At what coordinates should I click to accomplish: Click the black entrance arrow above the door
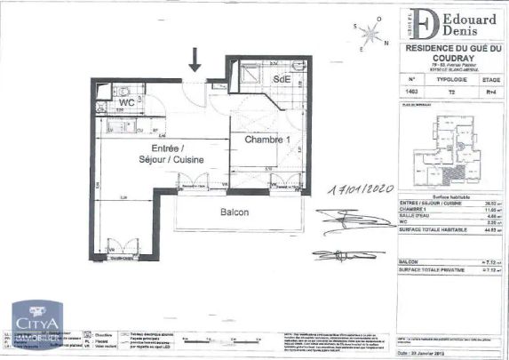click(x=195, y=61)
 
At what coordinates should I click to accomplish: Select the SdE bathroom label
click(x=282, y=79)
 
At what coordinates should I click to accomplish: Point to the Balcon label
click(x=235, y=212)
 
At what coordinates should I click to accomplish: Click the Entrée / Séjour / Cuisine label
click(x=177, y=153)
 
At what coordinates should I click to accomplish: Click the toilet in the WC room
click(x=124, y=89)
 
